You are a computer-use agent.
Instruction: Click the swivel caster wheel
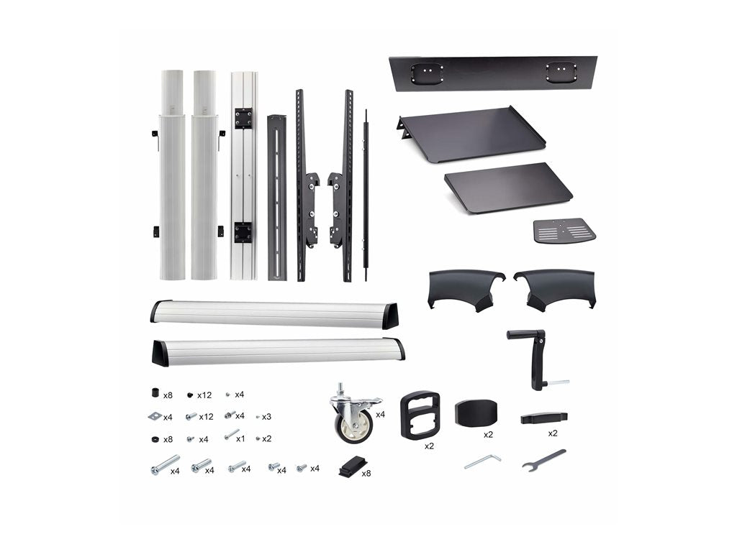pos(353,415)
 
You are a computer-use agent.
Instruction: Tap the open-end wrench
pos(543,460)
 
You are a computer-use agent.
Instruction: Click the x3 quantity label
pos(266,416)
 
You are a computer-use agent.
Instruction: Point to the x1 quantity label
pos(240,438)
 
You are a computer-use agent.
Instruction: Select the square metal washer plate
pos(154,416)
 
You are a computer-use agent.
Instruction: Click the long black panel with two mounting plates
pos(494,73)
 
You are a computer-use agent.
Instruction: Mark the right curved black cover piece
pos(554,287)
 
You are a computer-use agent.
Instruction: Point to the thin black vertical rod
pos(366,194)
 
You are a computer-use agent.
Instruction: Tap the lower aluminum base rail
pos(278,351)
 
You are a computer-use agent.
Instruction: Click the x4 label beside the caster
pos(380,414)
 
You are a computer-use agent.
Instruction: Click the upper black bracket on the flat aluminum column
pos(243,118)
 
